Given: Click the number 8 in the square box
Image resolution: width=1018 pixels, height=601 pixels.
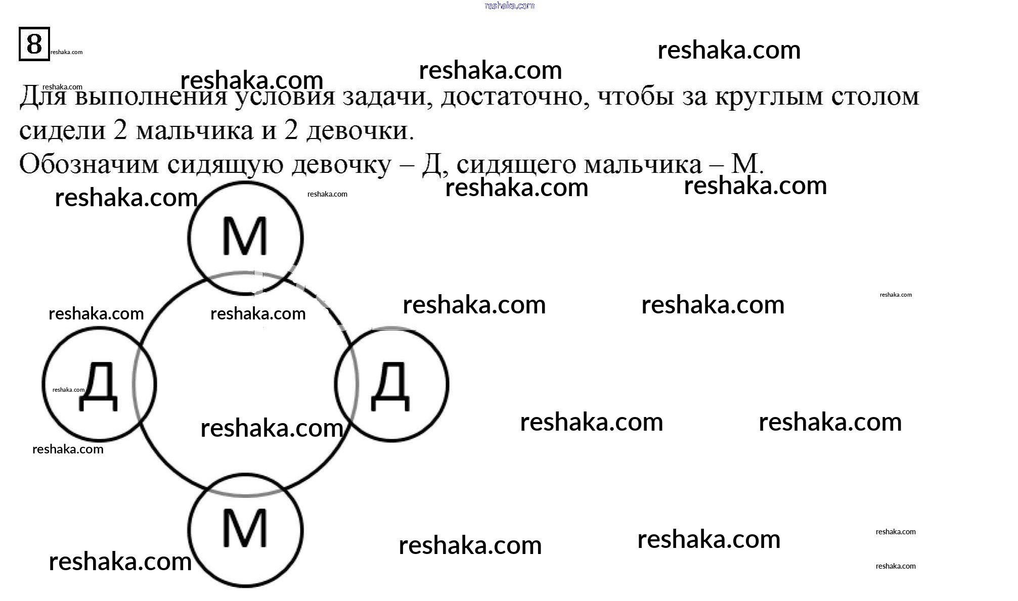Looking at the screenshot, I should tap(34, 44).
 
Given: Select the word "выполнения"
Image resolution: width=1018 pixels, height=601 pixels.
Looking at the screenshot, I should tap(151, 97).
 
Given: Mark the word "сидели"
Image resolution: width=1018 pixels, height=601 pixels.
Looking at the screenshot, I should tap(62, 131).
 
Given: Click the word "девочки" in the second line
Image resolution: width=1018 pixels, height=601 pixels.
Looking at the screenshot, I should tap(360, 131).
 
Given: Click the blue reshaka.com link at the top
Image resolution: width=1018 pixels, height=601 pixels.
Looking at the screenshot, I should tap(509, 6).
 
